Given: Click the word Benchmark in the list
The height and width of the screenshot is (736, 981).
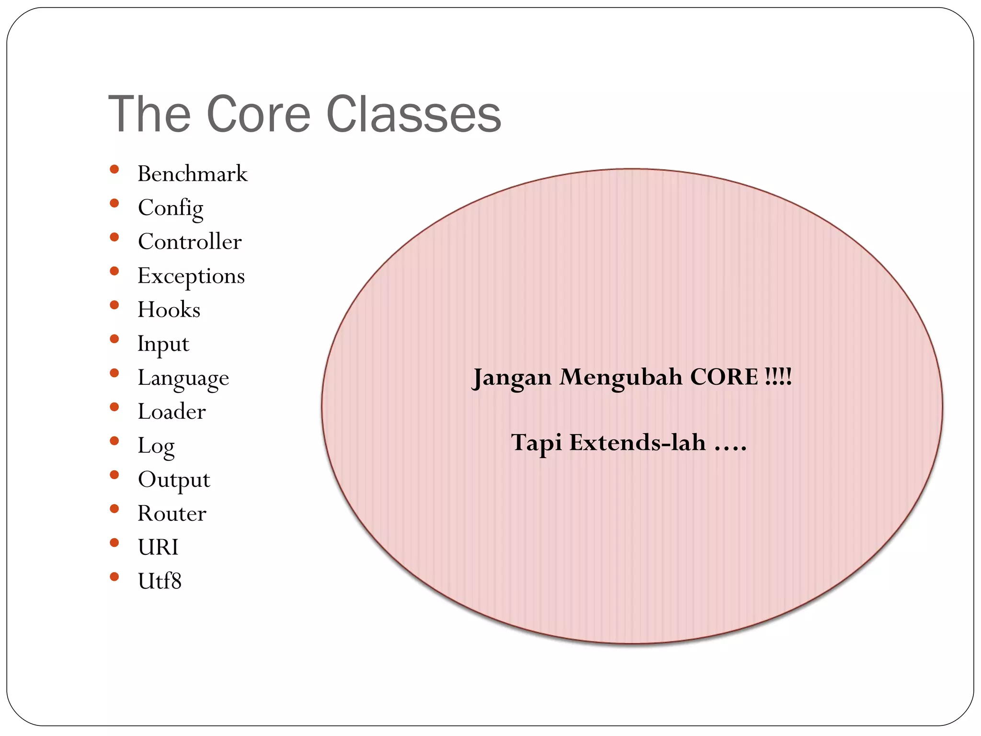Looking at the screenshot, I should point(192,173).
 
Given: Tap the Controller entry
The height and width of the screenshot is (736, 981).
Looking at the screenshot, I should point(190,241).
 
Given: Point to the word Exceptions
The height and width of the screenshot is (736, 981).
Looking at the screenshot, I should point(191,276).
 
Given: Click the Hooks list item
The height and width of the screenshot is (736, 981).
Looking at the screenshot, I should point(169,310).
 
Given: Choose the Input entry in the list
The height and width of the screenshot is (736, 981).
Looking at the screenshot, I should point(163,344).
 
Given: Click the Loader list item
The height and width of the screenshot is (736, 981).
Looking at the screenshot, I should point(171,412).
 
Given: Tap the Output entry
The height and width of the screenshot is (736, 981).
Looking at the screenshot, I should point(174,480).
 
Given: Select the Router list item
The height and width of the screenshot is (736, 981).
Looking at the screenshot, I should point(172,514).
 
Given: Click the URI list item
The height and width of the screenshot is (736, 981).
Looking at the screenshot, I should point(158,547).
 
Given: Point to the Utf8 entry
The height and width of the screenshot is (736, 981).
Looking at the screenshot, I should point(160,581).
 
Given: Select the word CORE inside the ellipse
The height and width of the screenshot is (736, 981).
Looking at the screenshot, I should point(724,377).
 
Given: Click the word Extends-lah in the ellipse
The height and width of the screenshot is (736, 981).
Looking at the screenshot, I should point(637,442).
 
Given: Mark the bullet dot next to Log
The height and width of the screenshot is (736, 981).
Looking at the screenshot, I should point(114,441).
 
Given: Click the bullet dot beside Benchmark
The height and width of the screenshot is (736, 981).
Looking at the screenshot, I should point(114,169).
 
